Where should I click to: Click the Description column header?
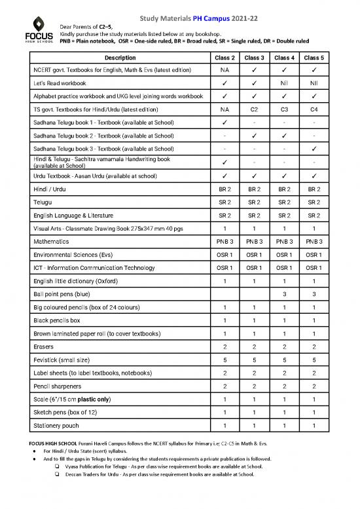(116, 58)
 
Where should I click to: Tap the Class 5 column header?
(314, 58)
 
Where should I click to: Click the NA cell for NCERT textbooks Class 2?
(225, 70)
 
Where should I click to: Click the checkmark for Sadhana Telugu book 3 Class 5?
(314, 149)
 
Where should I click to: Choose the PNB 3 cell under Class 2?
(225, 241)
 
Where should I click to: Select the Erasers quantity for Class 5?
(314, 347)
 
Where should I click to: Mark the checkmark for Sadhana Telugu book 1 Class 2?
(225, 123)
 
